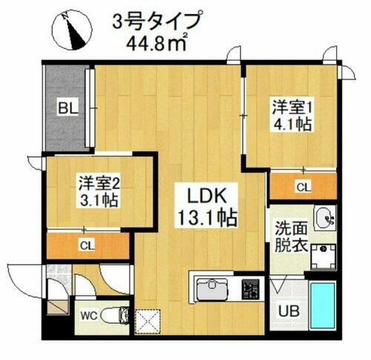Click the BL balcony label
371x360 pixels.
68,109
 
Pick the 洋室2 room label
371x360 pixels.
99,183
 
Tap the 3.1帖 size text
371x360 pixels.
99,200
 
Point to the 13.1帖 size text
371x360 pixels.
206,218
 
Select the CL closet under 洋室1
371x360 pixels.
303,188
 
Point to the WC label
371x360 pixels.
89,315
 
